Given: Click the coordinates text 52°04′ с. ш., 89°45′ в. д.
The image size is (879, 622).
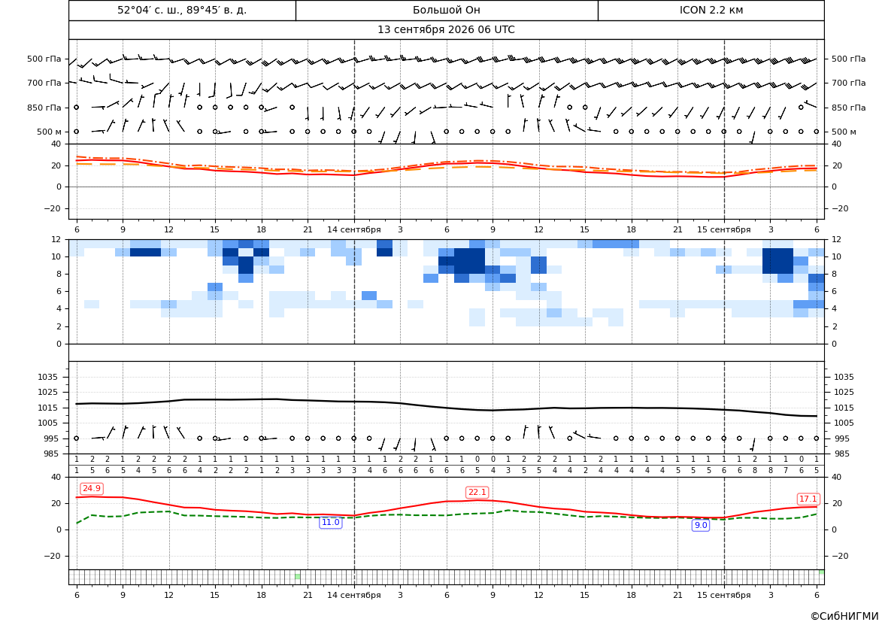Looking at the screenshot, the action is point(182,10).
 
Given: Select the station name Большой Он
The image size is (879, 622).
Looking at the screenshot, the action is point(446,10).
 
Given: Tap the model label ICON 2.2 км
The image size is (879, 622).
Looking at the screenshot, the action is point(711,10).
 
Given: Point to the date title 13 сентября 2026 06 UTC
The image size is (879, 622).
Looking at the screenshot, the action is point(446,30).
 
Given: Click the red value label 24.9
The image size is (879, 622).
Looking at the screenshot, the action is point(92,489).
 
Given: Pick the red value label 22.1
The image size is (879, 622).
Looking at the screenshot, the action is point(477,493).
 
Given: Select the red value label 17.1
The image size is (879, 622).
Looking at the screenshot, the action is point(808,499).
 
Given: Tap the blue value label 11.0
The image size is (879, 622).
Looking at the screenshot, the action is point(330,523).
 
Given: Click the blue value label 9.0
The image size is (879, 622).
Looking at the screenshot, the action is point(701,526).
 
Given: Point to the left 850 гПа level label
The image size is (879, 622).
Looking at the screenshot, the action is point(44,108).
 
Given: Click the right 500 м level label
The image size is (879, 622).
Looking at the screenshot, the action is point(844,132).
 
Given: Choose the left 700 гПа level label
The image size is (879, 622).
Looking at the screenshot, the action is point(44,83).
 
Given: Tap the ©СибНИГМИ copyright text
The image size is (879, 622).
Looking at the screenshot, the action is point(844,616).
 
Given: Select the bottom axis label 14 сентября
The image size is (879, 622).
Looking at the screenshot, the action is point(353,595).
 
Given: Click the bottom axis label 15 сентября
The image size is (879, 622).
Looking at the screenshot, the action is point(723,595).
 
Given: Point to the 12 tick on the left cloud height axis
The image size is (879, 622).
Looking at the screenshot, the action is point(56,239).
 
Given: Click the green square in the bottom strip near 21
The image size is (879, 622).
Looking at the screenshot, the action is point(298,577).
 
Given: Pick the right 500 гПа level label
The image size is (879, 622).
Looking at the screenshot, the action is point(848,59).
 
